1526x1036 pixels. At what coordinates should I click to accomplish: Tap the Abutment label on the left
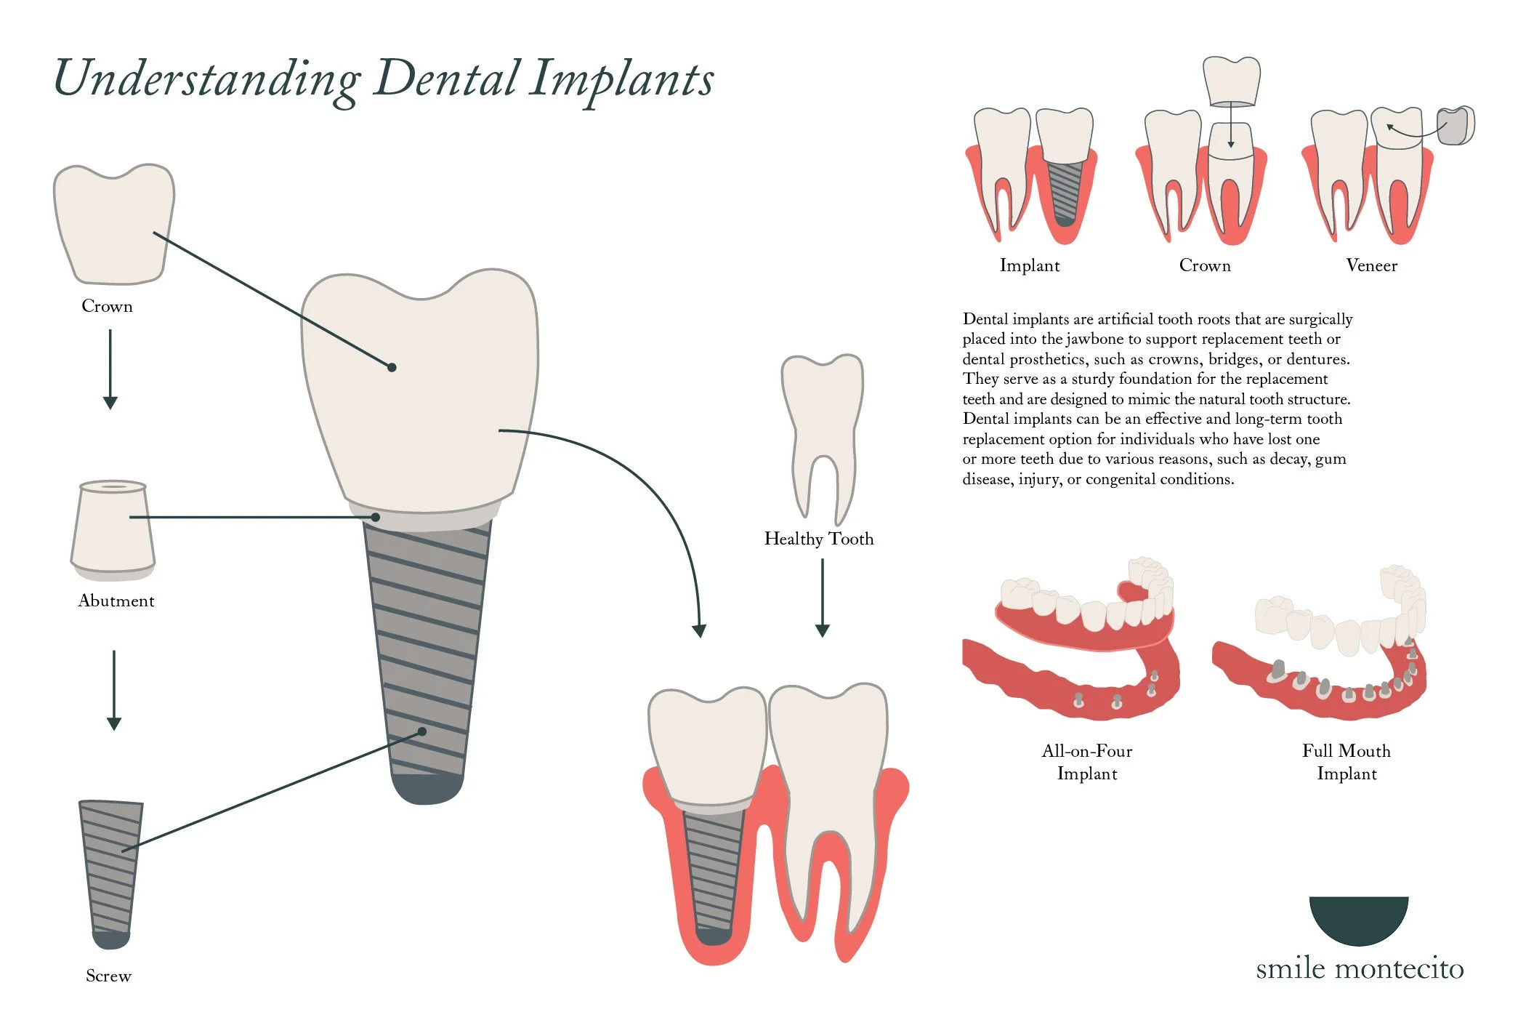116,601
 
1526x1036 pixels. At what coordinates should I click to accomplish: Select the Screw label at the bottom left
108,976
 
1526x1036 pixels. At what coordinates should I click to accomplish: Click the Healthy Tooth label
819,539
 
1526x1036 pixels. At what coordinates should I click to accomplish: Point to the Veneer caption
1371,265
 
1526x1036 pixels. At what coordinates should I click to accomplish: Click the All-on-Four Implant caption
1087,762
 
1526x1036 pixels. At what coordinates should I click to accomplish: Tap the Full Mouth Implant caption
1347,762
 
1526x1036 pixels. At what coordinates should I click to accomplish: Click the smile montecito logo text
1360,968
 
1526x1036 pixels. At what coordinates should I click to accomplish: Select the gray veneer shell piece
1456,127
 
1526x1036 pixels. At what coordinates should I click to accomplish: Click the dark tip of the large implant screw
427,789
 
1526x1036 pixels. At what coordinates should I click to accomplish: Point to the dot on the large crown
392,367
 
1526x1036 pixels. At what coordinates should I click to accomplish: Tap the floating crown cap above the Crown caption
1231,80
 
